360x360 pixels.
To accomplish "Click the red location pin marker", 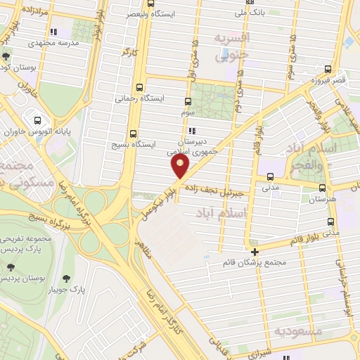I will point(181,166).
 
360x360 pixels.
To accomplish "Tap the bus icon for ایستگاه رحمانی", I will point(139,88).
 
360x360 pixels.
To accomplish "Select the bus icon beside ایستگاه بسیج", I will point(134,133).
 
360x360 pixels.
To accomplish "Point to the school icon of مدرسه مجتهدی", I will point(54,32).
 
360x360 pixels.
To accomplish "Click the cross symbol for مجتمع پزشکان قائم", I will point(255,251).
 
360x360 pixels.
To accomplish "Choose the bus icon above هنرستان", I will point(322,188).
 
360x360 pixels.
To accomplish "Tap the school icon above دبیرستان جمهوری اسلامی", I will point(191,130).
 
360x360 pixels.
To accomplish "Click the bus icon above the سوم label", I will point(188,101).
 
